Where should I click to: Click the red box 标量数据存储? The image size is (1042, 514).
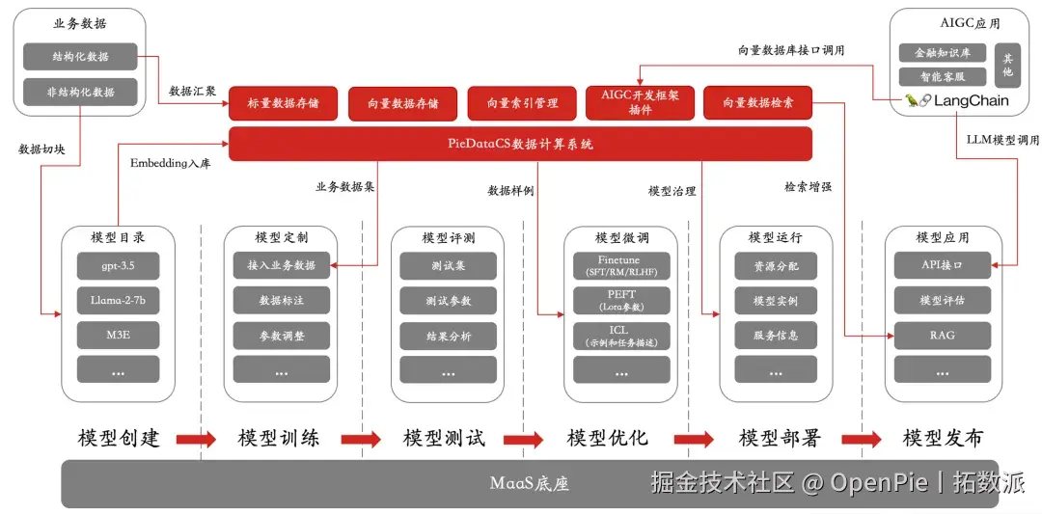pos(283,103)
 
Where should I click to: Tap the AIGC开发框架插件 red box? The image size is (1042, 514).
pos(640,103)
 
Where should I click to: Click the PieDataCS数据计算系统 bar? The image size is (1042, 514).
pos(520,144)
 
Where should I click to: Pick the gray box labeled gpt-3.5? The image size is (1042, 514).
pos(118,265)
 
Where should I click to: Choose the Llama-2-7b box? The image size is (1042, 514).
pos(118,301)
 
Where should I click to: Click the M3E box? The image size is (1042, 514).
pos(118,336)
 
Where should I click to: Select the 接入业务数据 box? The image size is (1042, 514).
pos(281,265)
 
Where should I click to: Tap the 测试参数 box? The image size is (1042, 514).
pos(448,301)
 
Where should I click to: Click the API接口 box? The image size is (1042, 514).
pos(942,265)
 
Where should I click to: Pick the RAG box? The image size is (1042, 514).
pos(942,336)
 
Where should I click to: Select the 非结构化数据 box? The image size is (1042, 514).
pos(81,93)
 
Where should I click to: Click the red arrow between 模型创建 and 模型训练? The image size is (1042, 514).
pos(195,440)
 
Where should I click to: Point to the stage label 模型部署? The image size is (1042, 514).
pos(780,439)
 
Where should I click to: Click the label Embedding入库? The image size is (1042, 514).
pos(170,164)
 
